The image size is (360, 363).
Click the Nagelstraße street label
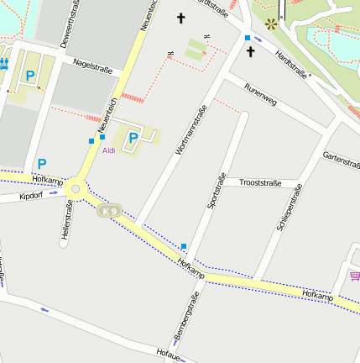pyautogui.click(x=92, y=63)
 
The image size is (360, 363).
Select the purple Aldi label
pyautogui.click(x=109, y=150)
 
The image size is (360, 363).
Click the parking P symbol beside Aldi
pyautogui.click(x=133, y=138)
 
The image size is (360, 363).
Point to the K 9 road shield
pyautogui.click(x=107, y=211)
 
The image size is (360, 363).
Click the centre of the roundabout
pyautogui.click(x=76, y=190)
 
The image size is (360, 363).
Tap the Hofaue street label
pyautogui.click(x=168, y=353)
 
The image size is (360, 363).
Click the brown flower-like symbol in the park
pyautogui.click(x=270, y=24)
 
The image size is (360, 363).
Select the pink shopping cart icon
pyautogui.click(x=355, y=276)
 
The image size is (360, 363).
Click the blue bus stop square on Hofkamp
pyautogui.click(x=184, y=245)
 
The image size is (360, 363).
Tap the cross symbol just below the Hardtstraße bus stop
pyautogui.click(x=250, y=52)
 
